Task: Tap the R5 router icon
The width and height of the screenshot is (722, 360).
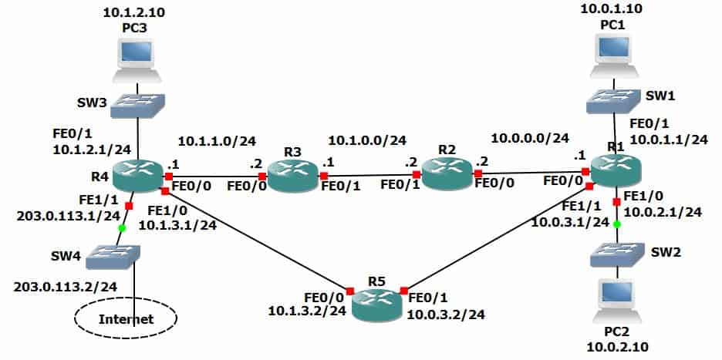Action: pos(376,303)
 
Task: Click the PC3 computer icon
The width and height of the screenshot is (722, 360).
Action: pos(137,61)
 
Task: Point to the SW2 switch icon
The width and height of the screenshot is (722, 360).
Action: pos(616,255)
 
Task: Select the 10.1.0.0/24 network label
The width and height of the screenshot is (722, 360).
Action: pos(367,140)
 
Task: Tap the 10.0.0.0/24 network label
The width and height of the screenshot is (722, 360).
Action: pos(530,138)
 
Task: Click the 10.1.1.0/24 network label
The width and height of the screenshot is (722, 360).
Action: pos(217,141)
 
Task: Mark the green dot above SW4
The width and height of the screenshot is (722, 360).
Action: pos(122,228)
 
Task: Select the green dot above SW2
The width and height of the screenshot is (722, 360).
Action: pos(617,224)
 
